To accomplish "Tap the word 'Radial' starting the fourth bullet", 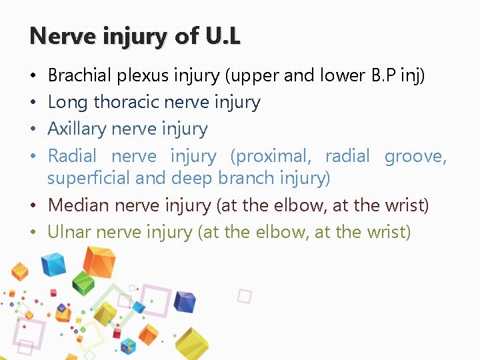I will (72, 156).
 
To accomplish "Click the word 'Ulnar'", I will (69, 231).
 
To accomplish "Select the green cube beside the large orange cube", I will (83, 283).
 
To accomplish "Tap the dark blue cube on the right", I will (185, 303).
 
